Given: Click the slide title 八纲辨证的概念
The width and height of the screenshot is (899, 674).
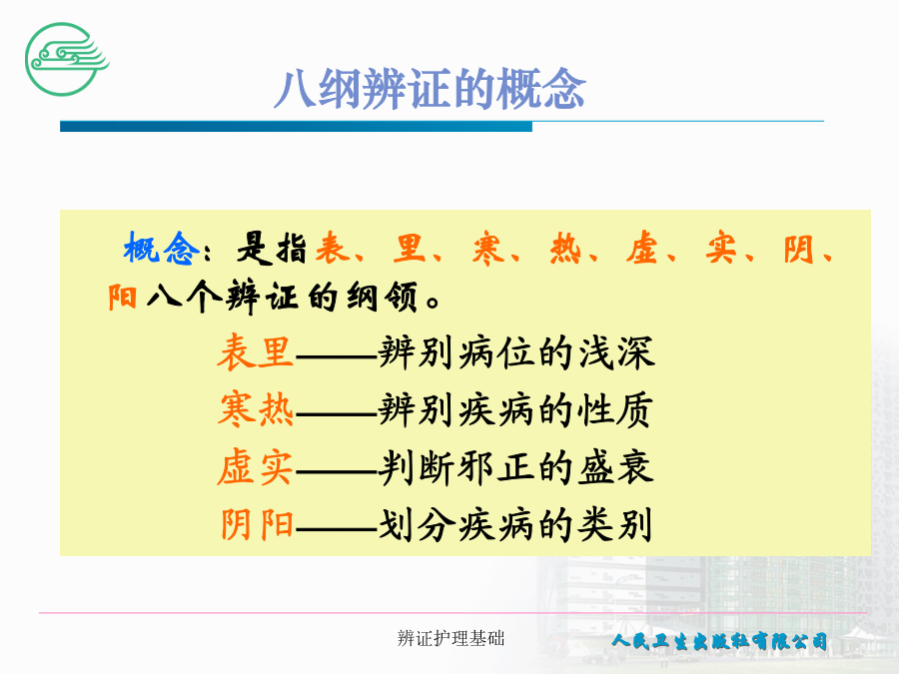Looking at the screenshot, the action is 430,89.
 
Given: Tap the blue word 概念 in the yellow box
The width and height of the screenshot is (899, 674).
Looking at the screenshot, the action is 161,249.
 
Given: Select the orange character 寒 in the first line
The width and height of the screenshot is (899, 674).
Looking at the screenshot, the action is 488,249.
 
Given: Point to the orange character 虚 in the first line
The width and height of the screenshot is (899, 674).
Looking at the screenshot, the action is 642,249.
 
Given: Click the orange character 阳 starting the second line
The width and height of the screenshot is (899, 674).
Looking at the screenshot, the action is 123,298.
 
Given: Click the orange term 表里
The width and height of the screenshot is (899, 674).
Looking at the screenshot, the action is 255,351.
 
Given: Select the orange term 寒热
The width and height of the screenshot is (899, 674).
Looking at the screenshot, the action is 255,409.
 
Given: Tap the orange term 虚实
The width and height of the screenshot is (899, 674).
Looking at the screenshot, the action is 255,467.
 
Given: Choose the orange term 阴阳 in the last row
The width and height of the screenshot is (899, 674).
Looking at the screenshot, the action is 257,524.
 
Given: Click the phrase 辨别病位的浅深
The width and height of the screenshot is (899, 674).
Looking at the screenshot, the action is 516,351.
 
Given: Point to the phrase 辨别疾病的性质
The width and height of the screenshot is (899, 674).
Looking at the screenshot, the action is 515,409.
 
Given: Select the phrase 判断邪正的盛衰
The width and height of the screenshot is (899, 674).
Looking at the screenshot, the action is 515,467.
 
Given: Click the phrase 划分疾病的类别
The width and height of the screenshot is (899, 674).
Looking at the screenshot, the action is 514,524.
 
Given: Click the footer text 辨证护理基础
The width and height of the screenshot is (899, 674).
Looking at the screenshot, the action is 450,638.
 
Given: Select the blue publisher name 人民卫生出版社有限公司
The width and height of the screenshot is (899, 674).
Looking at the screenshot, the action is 719,640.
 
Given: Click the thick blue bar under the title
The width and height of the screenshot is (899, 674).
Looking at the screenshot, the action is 296,126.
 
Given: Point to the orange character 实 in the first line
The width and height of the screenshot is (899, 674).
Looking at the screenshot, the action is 721,249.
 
